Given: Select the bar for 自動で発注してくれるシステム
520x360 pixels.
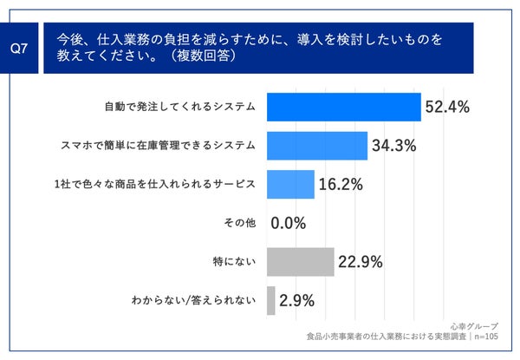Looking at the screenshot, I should (x=343, y=107).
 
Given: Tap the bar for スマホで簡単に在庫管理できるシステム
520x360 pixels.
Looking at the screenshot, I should (x=317, y=146).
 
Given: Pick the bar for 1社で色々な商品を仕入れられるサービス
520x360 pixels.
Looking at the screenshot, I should (x=290, y=184).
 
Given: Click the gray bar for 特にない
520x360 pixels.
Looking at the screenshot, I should (x=300, y=261).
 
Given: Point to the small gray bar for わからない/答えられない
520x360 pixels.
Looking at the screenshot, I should (x=271, y=300).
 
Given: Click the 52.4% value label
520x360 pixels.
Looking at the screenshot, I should (x=447, y=108).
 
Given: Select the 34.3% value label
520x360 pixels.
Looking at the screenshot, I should (x=394, y=146).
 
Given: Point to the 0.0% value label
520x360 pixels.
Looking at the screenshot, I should (x=289, y=223).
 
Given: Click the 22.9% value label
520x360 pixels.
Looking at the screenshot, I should (x=361, y=262).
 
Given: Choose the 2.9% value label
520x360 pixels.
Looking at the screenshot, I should (x=297, y=300).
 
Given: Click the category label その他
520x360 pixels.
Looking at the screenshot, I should (x=240, y=223).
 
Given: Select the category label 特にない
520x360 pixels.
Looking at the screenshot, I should (x=234, y=262).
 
